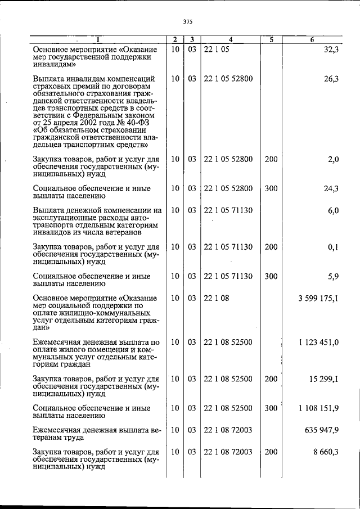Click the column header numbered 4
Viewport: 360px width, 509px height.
click(231, 39)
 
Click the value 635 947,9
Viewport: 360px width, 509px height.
click(321, 430)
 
